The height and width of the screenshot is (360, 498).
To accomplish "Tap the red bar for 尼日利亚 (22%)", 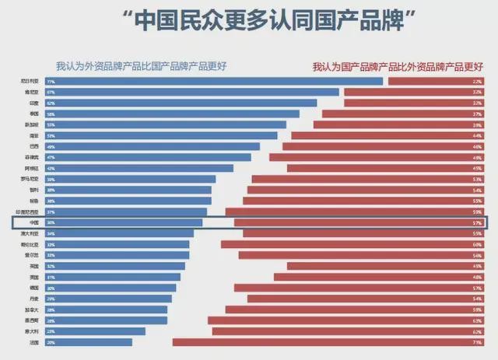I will (436, 81).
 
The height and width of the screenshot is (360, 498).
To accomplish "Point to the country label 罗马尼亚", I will (29, 179).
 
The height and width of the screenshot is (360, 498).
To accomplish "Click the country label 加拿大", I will (31, 309).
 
